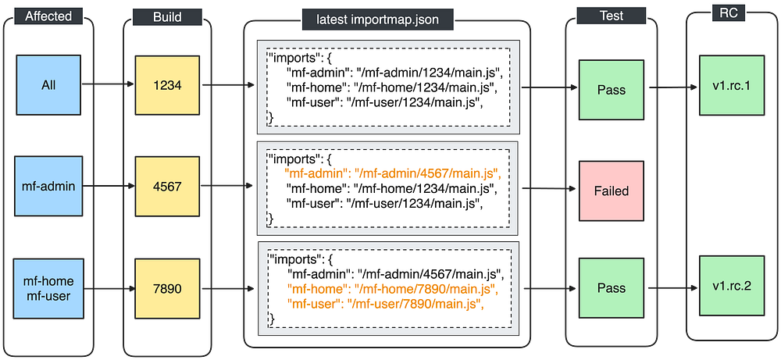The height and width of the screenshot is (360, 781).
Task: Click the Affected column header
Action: click(x=48, y=16)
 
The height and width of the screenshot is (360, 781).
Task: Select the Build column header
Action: click(x=168, y=16)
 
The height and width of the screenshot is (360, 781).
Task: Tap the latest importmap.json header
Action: click(x=387, y=18)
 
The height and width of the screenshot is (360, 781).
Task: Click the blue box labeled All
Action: click(x=48, y=86)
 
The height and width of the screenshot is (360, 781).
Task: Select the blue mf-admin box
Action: click(x=48, y=187)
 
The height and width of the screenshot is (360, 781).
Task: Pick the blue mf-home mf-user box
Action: click(x=48, y=288)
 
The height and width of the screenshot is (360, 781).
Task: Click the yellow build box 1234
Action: click(x=168, y=86)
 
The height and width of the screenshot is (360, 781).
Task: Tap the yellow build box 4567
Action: click(x=168, y=187)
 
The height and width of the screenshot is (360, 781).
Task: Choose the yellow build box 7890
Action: click(x=168, y=288)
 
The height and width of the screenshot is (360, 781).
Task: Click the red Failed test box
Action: click(x=611, y=191)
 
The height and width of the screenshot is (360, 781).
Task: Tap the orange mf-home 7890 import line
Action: click(x=392, y=289)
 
